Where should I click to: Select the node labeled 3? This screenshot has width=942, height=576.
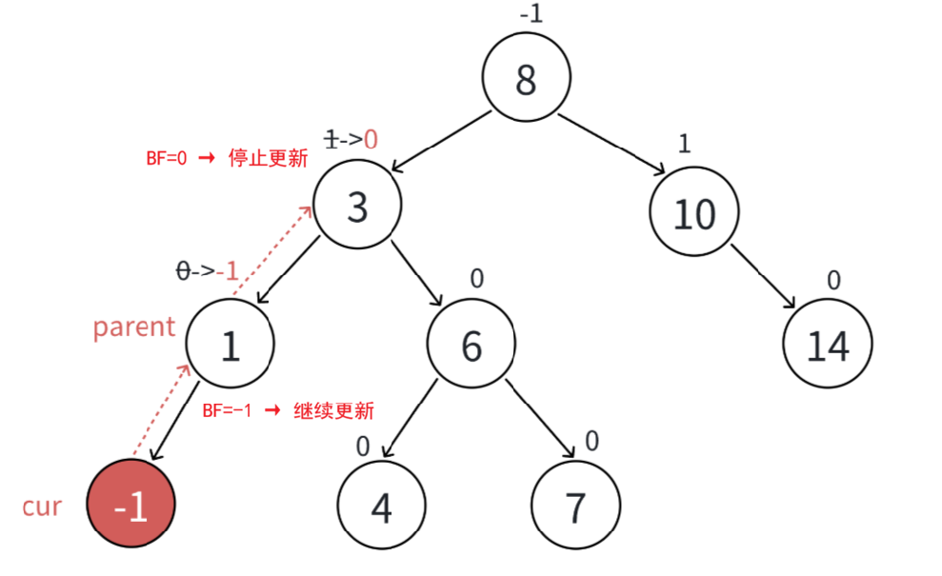coord(357,205)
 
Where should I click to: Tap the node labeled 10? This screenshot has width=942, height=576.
coord(694,213)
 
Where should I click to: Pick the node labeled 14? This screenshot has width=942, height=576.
coord(828,346)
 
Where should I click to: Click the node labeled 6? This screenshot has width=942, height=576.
coord(471,347)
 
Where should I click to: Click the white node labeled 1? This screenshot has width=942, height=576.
coord(230,346)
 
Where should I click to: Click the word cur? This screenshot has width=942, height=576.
coord(42,506)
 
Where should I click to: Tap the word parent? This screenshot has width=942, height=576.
coord(134,327)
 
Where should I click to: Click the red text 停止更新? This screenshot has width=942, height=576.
coord(268,158)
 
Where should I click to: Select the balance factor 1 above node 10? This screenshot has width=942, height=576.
coord(683,143)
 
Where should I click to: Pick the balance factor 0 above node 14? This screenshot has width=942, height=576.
coord(833,280)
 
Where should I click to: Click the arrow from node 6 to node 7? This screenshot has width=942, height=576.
coord(540,419)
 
